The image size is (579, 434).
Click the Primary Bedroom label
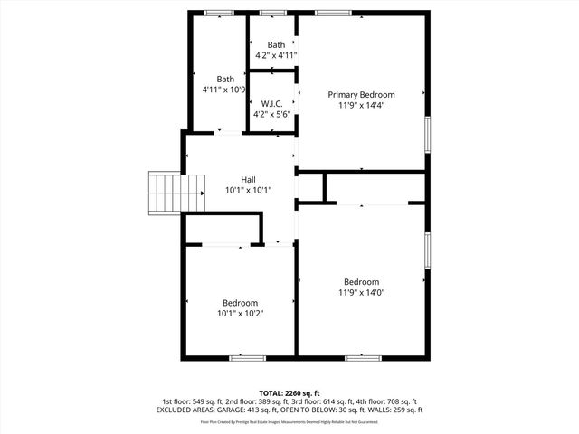coord(361,93)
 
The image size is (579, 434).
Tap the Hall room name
coord(248,179)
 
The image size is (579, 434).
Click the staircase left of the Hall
coord(167,192)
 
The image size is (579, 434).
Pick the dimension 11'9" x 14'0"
coord(361,292)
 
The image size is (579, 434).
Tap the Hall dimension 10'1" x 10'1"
coord(248,190)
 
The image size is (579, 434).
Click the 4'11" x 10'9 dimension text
coord(224,90)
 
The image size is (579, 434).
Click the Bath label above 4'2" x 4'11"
coord(276,44)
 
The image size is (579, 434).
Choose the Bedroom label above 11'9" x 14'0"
coord(361,281)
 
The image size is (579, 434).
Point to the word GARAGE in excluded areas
coord(236,410)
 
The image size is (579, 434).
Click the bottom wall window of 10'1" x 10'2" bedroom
coord(247,358)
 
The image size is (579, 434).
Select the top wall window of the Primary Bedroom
coord(327,12)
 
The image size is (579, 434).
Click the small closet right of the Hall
coord(310,186)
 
